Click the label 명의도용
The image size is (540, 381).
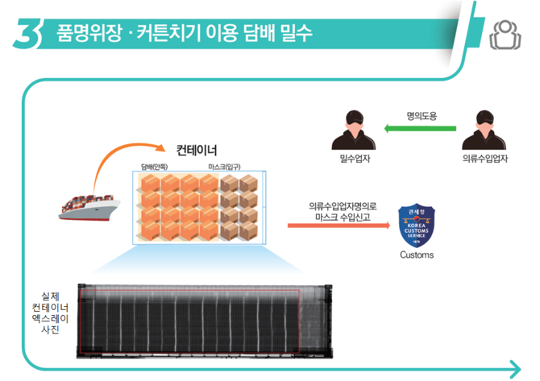[x=422, y=116]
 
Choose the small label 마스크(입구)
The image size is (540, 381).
[x=224, y=168]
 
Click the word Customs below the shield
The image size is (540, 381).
[x=416, y=255]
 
